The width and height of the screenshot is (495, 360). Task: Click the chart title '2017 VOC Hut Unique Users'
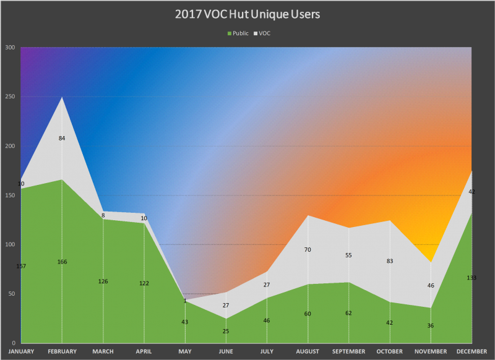[x=247, y=14]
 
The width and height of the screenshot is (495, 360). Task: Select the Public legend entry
[x=239, y=33]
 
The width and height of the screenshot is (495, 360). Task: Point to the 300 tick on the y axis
[x=11, y=48]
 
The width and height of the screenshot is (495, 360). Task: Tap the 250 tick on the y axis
[x=11, y=97]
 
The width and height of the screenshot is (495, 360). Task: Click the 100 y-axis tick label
[x=11, y=245]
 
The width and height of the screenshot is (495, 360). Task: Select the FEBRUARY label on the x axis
[x=62, y=351]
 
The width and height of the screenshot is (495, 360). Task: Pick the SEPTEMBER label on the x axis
[x=349, y=351]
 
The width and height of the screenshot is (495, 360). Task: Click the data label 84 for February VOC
[x=62, y=138]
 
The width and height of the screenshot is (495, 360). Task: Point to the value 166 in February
[x=62, y=262]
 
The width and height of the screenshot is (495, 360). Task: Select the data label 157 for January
[x=21, y=266]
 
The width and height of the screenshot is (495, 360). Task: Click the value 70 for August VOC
[x=308, y=250]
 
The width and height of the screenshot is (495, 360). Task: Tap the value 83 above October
[x=390, y=261]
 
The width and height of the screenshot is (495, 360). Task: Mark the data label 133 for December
[x=471, y=278]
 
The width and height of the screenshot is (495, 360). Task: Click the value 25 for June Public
[x=226, y=332]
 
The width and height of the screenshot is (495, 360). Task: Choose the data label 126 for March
[x=103, y=281]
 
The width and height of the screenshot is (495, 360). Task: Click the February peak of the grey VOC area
[x=62, y=98]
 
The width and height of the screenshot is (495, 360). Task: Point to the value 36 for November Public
[x=431, y=326]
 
